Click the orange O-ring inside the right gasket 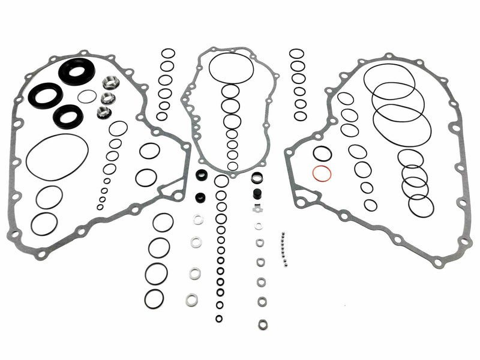(322, 174)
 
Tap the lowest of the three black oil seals (67, 116)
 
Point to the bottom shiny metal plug (104, 112)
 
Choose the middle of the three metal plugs (108, 97)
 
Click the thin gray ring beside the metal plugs (88, 97)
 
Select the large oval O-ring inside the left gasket (58, 157)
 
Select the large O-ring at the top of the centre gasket (231, 68)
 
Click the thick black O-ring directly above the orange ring (322, 154)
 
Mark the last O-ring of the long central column (220, 319)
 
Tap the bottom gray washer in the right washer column (263, 325)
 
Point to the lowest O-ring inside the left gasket (44, 224)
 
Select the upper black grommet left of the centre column (202, 176)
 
